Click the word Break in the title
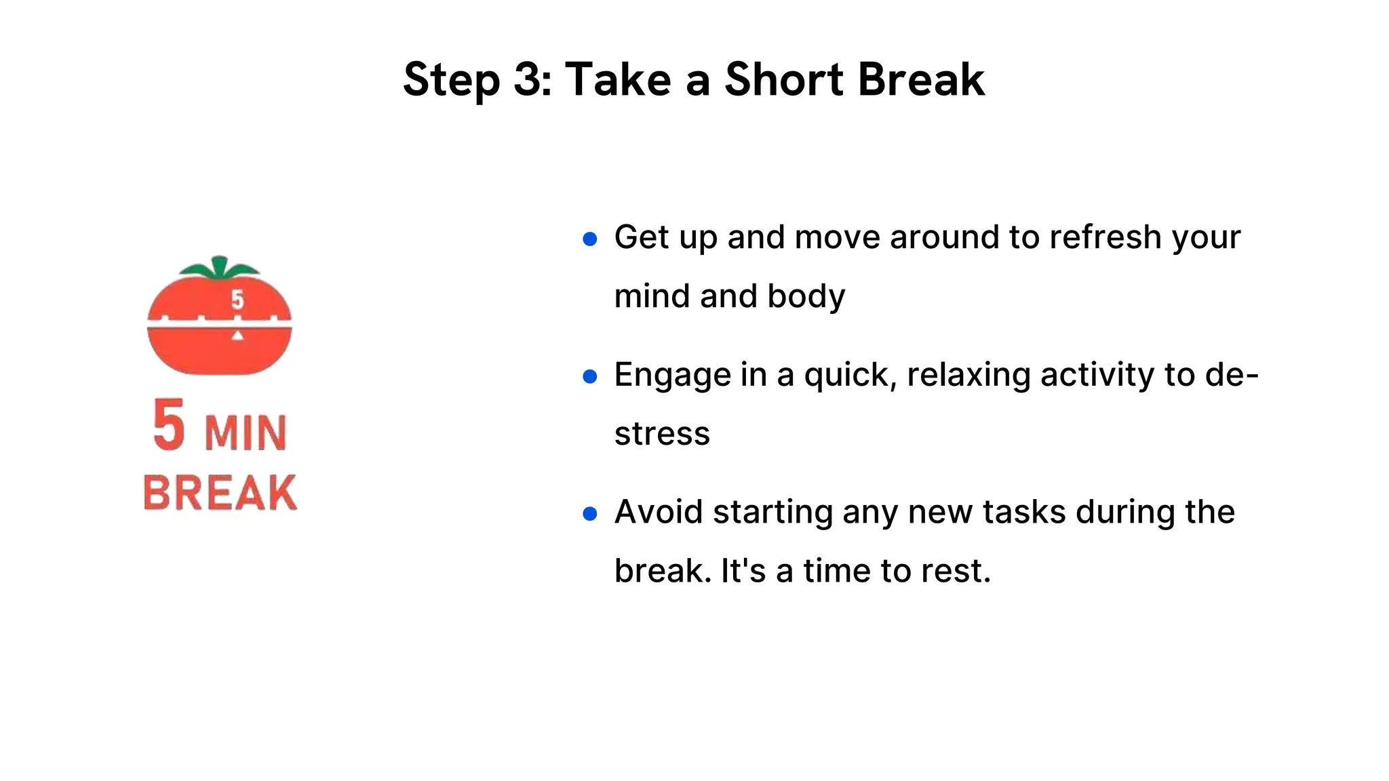921,80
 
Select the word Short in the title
784,80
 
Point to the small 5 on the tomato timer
237,299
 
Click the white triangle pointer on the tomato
237,335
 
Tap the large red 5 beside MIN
169,426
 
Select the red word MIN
246,434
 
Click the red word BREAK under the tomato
220,493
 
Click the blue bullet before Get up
590,239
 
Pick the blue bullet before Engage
590,376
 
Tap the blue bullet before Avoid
590,514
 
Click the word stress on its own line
662,434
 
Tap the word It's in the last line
743,571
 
